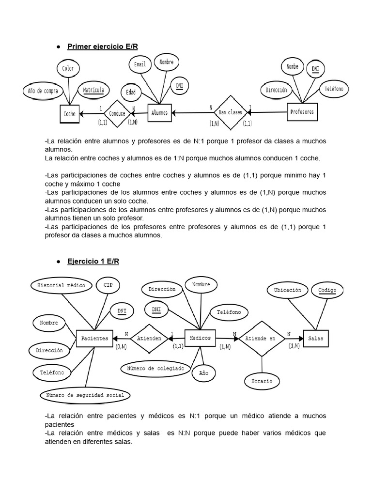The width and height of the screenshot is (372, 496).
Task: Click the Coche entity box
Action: point(69,114)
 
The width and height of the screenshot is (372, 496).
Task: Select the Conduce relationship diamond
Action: point(117,113)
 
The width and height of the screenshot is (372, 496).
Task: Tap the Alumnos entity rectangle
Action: point(159,113)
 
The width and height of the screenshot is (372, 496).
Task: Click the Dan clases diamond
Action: point(231,112)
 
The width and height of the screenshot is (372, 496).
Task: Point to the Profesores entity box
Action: point(302,112)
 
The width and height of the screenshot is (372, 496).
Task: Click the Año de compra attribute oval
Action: point(44,91)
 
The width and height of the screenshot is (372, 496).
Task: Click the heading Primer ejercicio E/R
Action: point(102,46)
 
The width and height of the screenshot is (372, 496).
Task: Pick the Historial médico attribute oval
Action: point(61,286)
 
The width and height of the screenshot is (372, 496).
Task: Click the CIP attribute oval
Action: point(108,285)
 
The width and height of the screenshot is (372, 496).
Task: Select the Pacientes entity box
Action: point(94,338)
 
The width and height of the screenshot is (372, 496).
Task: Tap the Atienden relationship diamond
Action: point(149,338)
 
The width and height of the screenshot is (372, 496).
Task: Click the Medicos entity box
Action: point(200,338)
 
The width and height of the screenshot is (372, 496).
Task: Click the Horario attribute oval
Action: point(262,381)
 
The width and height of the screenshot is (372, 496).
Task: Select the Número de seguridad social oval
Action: point(85,395)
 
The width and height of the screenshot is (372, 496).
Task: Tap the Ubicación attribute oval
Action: point(287,290)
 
